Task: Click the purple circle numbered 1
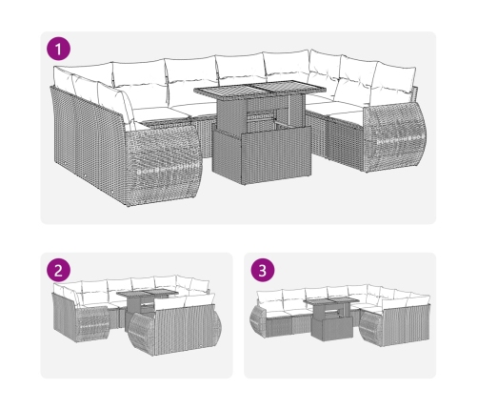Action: (x=58, y=50)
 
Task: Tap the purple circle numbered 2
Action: (x=58, y=271)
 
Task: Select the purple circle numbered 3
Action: (x=263, y=271)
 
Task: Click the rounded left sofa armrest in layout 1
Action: (x=163, y=165)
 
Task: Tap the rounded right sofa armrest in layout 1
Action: (x=394, y=136)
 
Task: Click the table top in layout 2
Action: (x=148, y=293)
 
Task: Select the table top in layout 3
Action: (x=332, y=301)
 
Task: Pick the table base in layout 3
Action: (x=332, y=328)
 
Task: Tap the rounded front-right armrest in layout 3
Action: (x=371, y=328)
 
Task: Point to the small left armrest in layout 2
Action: (x=93, y=324)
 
